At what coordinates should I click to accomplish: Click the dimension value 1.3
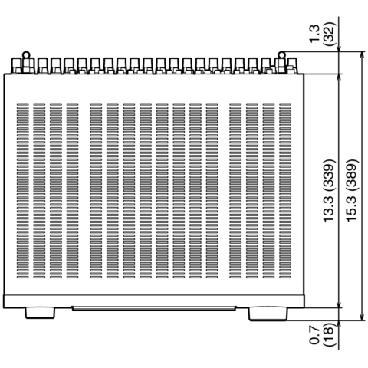pyautogui.click(x=314, y=34)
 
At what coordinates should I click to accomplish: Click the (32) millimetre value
pyautogui.click(x=329, y=34)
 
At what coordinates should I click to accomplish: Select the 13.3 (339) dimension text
pyautogui.click(x=329, y=191)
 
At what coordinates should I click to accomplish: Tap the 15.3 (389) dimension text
pyautogui.click(x=351, y=191)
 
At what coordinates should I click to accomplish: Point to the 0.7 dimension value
pyautogui.click(x=314, y=335)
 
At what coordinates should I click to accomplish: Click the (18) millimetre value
pyautogui.click(x=329, y=335)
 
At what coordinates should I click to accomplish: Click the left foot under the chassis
pyautogui.click(x=40, y=313)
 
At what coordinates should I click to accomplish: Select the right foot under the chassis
pyautogui.click(x=268, y=314)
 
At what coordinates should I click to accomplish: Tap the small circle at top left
pyautogui.click(x=26, y=55)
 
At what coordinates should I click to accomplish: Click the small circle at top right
pyautogui.click(x=281, y=55)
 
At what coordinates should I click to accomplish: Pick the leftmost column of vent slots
pyautogui.click(x=22, y=191)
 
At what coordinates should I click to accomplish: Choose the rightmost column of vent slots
pyautogui.click(x=285, y=191)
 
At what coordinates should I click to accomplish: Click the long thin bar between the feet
pyautogui.click(x=154, y=308)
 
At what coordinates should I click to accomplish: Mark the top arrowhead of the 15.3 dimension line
pyautogui.click(x=362, y=54)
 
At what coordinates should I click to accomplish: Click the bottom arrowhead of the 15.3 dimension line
pyautogui.click(x=362, y=317)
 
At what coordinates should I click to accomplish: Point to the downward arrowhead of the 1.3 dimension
pyautogui.click(x=339, y=48)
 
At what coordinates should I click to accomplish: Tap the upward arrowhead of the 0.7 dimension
pyautogui.click(x=339, y=324)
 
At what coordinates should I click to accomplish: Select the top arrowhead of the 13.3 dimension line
pyautogui.click(x=339, y=77)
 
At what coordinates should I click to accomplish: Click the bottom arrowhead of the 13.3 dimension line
pyautogui.click(x=339, y=304)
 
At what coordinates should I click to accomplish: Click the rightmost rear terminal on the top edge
pyautogui.click(x=292, y=66)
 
